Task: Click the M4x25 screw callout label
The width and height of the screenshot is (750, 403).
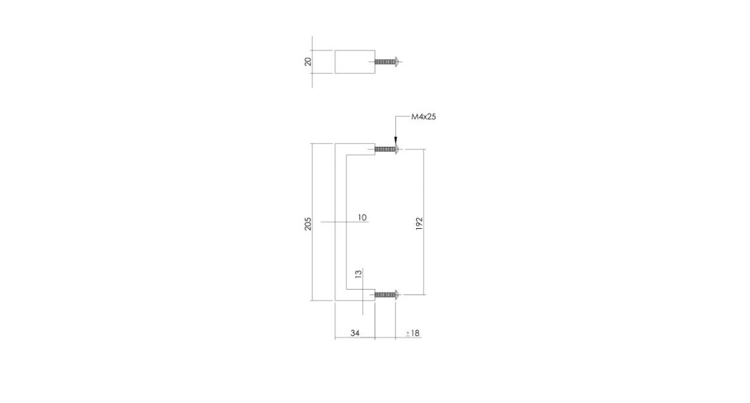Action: click(x=423, y=117)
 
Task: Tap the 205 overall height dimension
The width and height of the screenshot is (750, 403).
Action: click(x=308, y=224)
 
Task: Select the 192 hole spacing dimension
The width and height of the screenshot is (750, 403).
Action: click(x=419, y=224)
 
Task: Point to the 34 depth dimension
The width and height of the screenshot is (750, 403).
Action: click(x=355, y=332)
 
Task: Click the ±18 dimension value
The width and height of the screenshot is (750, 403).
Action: click(x=413, y=332)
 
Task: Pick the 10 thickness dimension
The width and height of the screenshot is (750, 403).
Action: click(x=362, y=218)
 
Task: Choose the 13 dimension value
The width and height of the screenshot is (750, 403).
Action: click(x=358, y=274)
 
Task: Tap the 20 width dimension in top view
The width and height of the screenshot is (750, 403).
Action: click(x=308, y=62)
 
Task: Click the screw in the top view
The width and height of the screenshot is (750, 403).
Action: click(x=387, y=62)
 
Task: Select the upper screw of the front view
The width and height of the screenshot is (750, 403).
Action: click(x=387, y=149)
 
